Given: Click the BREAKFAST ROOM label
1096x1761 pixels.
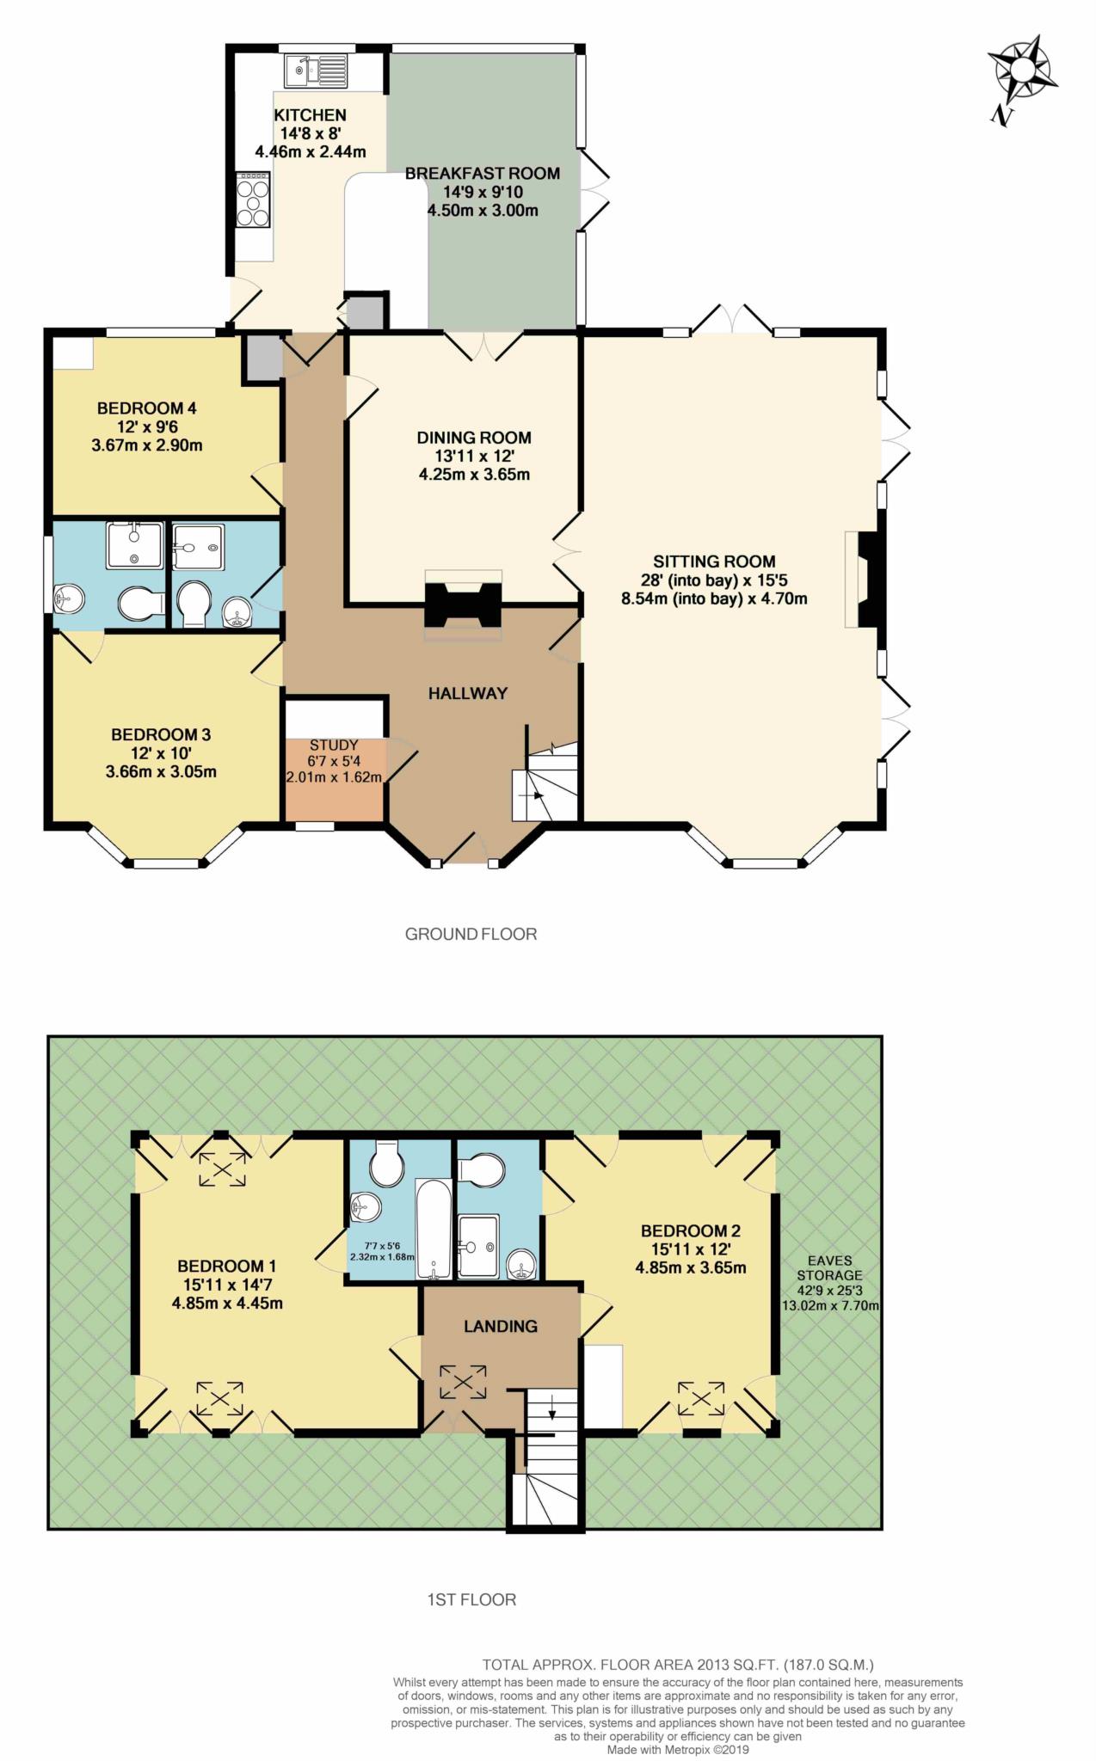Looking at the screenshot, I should [482, 173].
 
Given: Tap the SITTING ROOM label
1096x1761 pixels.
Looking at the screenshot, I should [714, 561].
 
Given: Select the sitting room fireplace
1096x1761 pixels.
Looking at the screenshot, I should [865, 580].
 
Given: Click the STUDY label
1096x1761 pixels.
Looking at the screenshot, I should [334, 745].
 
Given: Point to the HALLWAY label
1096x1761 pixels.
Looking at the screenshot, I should [468, 693].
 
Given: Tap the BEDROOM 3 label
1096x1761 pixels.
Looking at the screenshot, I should [161, 734].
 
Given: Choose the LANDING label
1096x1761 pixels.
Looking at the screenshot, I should [500, 1326].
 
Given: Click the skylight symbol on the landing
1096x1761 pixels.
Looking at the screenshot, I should [463, 1382].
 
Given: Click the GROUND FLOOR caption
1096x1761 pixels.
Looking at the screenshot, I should [471, 934].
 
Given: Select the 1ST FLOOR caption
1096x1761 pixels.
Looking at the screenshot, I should [471, 1599].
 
